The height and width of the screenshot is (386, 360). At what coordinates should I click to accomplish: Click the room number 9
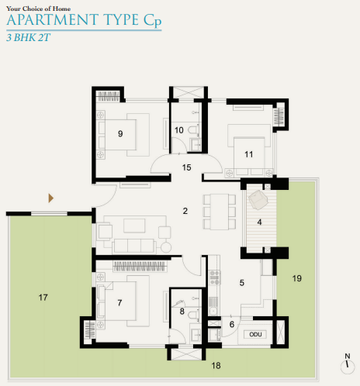click(120, 133)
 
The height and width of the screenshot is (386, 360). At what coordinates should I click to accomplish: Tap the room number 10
click(179, 129)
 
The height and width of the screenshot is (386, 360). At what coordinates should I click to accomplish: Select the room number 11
click(248, 153)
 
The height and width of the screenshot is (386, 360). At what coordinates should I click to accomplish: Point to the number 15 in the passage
click(186, 167)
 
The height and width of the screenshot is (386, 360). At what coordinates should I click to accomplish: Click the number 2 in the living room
click(185, 210)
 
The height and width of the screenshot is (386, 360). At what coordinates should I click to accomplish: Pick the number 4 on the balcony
click(260, 222)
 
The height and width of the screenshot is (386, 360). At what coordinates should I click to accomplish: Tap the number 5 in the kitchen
click(242, 283)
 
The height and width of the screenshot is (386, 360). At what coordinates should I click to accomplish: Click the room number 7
click(119, 302)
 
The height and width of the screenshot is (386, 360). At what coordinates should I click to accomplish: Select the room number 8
click(183, 312)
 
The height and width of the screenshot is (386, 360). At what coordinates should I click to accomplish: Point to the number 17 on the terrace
click(43, 296)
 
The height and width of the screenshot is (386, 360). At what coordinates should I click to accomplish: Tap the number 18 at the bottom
click(216, 365)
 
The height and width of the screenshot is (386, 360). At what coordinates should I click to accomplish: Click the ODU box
click(255, 334)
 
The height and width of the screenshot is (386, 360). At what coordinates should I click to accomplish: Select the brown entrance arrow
click(52, 198)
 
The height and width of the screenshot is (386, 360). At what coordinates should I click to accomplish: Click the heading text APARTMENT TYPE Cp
click(85, 21)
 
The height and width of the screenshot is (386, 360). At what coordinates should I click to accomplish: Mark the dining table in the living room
click(218, 210)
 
